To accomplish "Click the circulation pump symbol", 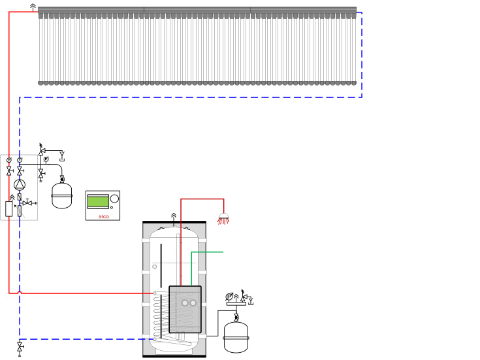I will tap(20, 185).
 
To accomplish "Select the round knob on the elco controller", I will tap(114, 199).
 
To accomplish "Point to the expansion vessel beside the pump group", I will tap(62, 195).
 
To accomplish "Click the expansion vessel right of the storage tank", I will tap(236, 336).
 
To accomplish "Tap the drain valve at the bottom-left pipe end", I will tap(20, 346).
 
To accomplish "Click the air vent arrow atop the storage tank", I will tap(174, 216).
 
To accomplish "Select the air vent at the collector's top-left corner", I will tap(33, 7).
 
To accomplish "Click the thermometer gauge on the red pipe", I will tap(9, 160).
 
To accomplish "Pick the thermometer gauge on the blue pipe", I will tap(20, 160).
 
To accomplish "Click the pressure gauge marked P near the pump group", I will tap(46, 159).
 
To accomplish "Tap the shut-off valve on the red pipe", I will tap(9, 171).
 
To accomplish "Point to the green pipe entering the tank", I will tap(208, 252).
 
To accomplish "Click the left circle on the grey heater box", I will tap(185, 303).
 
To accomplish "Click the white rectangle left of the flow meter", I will tap(9, 209).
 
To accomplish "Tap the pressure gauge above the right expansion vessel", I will tap(229, 297).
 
